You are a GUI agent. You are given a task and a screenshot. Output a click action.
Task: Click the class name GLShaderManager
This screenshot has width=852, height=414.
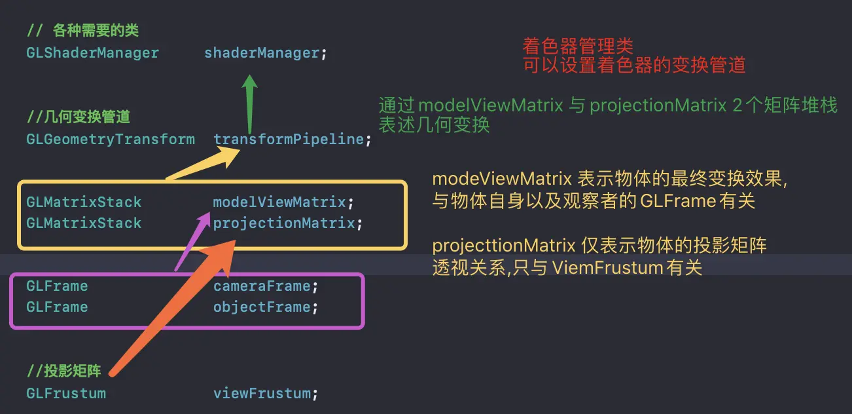click(92, 52)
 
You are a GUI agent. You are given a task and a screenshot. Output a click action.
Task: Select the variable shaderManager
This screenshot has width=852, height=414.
click(262, 52)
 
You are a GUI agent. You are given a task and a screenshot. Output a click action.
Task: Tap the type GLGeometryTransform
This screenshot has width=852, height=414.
click(111, 139)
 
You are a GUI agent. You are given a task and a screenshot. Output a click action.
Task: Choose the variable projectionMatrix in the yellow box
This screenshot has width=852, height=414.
click(284, 223)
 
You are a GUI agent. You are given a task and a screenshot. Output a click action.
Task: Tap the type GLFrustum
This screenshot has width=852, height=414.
click(66, 394)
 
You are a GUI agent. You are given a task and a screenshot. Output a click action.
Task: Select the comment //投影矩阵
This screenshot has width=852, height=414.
click(64, 371)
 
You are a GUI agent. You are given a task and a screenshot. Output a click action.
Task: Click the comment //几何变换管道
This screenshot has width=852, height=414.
click(79, 117)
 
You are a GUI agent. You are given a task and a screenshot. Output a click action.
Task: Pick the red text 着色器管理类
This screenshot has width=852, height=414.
click(578, 46)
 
